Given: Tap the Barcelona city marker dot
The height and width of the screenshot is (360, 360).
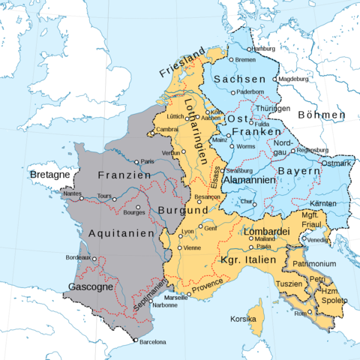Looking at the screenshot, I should tap(136, 341).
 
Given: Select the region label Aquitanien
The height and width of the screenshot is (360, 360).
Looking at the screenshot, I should tap(121, 233).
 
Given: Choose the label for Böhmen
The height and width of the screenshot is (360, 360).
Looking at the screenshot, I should tap(321, 115).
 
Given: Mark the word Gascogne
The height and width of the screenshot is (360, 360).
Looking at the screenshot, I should tap(91, 286).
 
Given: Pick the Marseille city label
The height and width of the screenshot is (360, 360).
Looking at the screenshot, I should tap(176, 298).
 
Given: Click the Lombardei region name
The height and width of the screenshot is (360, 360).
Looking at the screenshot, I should tap(266, 232).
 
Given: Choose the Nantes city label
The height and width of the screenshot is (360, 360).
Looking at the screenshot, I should tap(72, 193).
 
